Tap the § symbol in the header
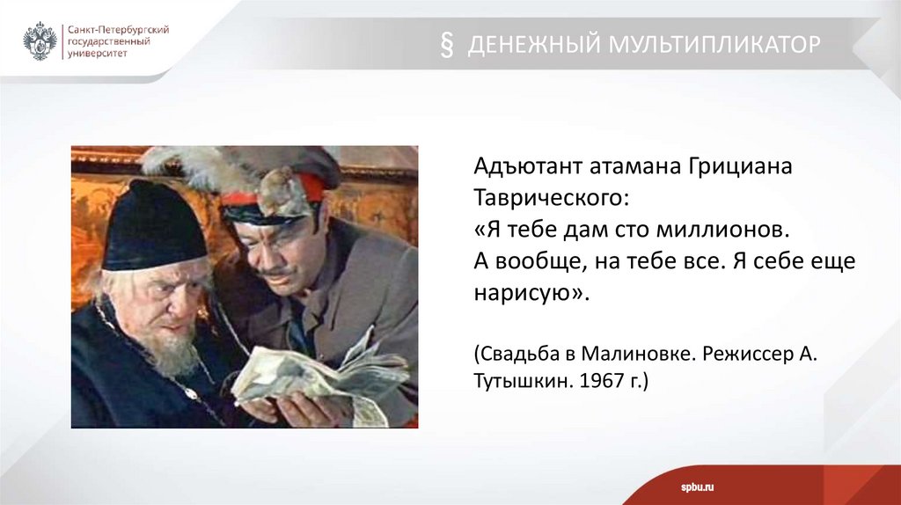(446, 45)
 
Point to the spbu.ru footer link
(697, 487)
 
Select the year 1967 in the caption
(601, 380)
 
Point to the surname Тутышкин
(524, 380)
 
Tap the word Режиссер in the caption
(748, 354)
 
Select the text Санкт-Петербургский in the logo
(119, 30)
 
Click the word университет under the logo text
(98, 54)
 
